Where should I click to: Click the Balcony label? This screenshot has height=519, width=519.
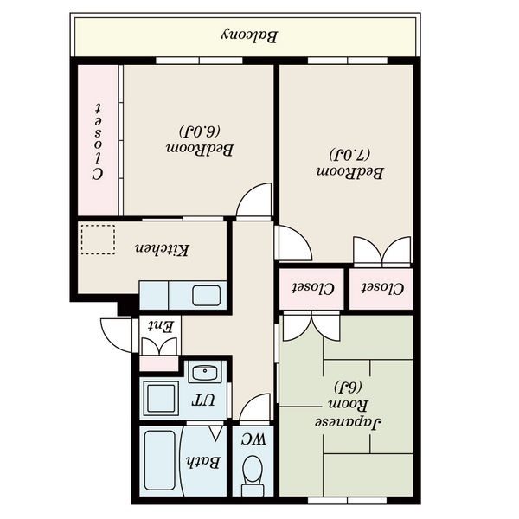[249, 36]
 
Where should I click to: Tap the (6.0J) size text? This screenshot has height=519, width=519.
[200, 131]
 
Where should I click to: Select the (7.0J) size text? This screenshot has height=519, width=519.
[349, 155]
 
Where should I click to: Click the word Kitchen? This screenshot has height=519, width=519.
[162, 249]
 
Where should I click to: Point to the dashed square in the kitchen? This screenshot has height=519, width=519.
[98, 240]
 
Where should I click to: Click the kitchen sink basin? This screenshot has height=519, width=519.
[207, 296]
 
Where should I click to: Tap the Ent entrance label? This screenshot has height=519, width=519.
[160, 326]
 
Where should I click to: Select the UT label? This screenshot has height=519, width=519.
[203, 400]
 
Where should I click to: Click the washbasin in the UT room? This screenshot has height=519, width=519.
[205, 372]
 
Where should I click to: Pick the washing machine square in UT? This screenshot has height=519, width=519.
[159, 399]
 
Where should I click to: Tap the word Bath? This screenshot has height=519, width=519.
[202, 462]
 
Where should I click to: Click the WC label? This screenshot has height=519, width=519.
[253, 439]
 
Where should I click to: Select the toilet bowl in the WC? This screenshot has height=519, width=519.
[253, 475]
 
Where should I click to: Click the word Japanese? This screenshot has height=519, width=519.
[348, 423]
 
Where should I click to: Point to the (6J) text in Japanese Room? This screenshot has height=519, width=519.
[348, 387]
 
